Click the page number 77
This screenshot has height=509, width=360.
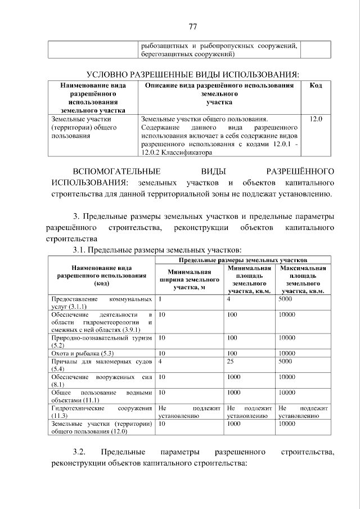pyautogui.click(x=192, y=26)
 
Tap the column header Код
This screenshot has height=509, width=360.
pyautogui.click(x=316, y=85)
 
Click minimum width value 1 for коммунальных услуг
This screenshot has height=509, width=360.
pyautogui.click(x=160, y=299)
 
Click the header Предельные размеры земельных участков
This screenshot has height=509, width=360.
pyautogui.click(x=242, y=261)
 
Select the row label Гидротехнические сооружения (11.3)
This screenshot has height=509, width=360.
pyautogui.click(x=101, y=411)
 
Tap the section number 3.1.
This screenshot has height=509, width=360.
pyautogui.click(x=79, y=250)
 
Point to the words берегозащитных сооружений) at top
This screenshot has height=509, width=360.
pyautogui.click(x=187, y=54)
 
